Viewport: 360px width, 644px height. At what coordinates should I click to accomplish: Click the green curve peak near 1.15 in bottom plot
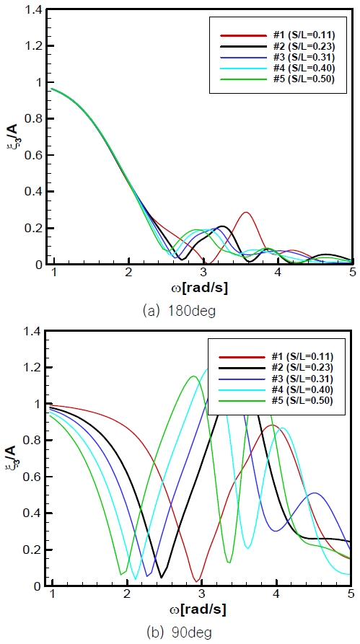193,376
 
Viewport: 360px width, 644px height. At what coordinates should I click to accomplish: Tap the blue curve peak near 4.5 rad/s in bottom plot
315,493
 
